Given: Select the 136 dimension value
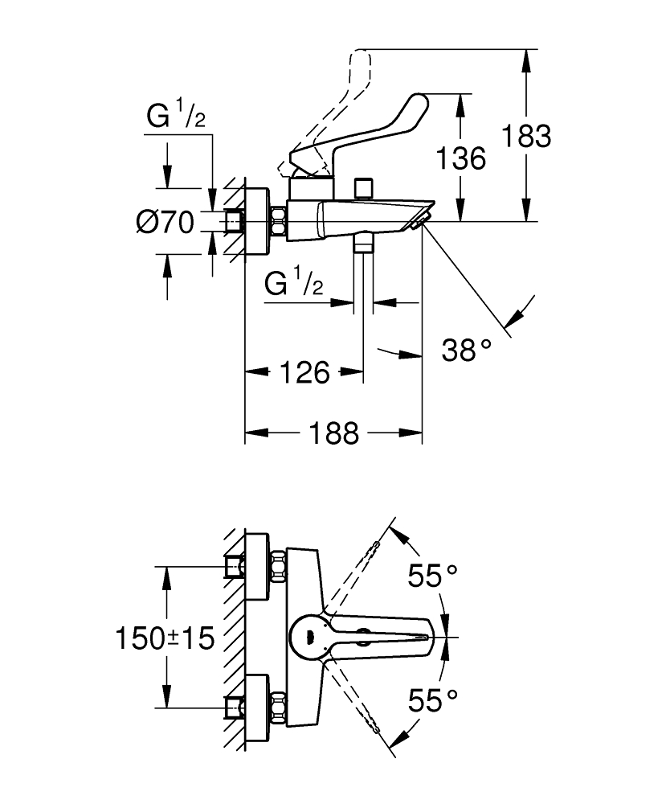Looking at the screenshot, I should pos(461,158).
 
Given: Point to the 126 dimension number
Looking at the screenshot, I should pos(305,372).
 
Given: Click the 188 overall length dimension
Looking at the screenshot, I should pos(333,433).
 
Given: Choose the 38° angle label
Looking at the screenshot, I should pos(466,350).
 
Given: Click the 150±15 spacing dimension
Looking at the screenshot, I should pos(164,639).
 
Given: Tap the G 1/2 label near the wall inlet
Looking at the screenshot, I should pos(176,118).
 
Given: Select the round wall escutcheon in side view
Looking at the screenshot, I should pos(257,222).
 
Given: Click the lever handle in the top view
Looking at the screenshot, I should pos(378,635).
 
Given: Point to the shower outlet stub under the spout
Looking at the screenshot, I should pos(365,242).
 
